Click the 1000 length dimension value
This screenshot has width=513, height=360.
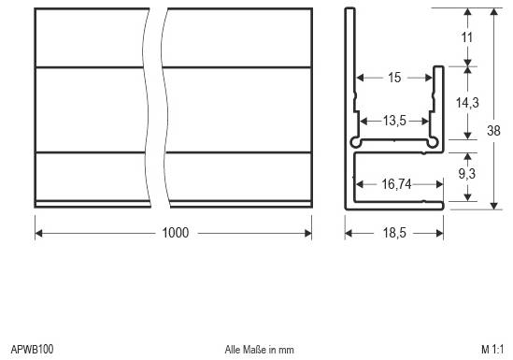(173, 232)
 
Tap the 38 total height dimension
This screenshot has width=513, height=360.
(494, 132)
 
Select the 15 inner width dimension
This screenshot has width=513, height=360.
(394, 78)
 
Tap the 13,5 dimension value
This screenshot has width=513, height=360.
(394, 120)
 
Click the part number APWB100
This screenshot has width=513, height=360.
(32, 350)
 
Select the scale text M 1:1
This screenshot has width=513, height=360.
(492, 350)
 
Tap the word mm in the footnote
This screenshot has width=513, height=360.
(286, 350)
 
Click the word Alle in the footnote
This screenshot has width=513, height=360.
(234, 350)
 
